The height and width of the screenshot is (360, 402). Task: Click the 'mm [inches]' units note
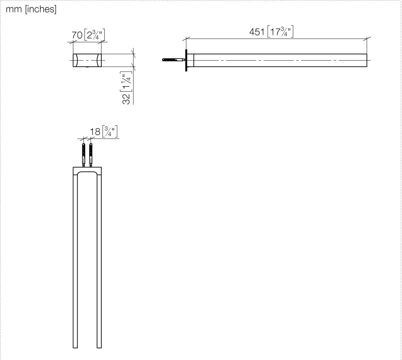31,9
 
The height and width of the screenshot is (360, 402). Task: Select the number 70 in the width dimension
77,35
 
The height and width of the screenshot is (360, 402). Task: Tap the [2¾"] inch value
94,35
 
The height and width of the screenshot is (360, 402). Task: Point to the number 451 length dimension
257,32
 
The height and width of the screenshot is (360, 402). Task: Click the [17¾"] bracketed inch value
280,31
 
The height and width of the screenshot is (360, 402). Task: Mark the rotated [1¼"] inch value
126,81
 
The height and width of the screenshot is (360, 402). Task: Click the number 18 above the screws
95,132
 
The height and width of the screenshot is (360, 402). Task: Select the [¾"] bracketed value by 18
110,131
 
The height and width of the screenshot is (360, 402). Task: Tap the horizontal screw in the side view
174,60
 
